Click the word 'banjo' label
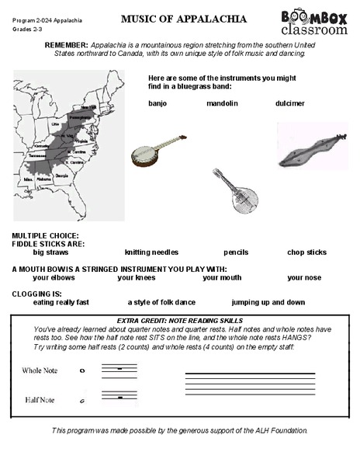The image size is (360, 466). point(157,103)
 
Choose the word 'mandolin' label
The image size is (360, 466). point(222,103)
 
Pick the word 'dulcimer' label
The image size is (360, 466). point(289,103)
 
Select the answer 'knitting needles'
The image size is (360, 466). point(151,252)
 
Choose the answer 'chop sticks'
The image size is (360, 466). point(306,252)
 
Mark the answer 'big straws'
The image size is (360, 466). point(50,252)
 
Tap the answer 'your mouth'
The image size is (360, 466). point(222,277)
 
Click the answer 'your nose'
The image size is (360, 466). point(304,277)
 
